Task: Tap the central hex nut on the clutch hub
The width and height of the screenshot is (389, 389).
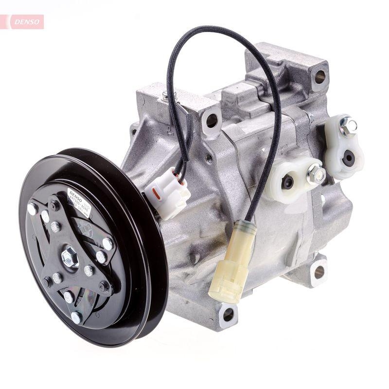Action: (x=70, y=257)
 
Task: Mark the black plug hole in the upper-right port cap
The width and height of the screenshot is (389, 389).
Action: (x=348, y=158)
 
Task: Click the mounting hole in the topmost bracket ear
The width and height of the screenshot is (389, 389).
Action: (x=319, y=76)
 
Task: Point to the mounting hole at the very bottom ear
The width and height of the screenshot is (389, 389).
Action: (x=228, y=315)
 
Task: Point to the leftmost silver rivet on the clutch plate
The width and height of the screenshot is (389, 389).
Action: (x=32, y=209)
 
